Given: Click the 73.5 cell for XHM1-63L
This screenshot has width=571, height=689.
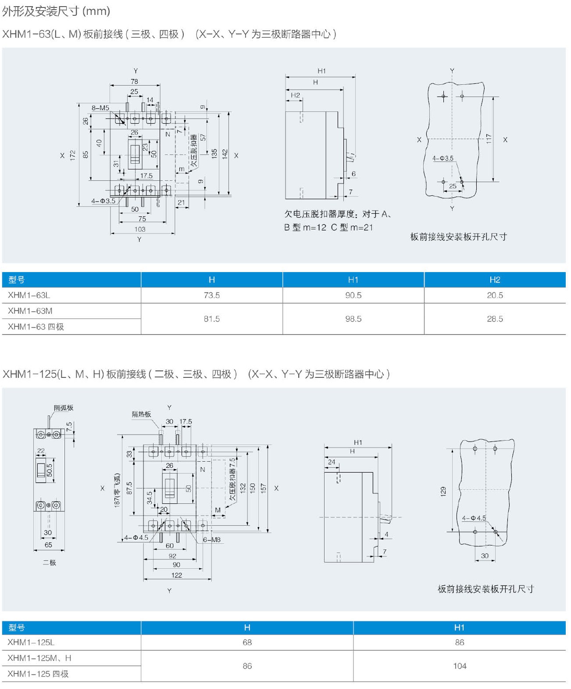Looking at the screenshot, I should pos(211,295).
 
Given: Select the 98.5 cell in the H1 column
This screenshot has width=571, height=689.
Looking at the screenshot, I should pos(353,319).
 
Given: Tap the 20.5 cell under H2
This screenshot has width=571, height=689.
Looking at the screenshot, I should pos(495,295).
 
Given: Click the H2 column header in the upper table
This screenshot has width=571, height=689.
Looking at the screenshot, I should pos(495,280).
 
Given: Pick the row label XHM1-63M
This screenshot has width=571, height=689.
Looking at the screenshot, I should pos(30,311).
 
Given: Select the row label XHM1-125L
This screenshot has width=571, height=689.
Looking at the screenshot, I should pos(31,642).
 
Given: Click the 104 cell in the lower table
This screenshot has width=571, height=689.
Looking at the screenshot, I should pos(460,666).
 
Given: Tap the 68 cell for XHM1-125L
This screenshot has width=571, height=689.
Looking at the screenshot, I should pos(247,642).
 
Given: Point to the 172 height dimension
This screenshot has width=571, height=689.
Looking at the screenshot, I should pos(73,155).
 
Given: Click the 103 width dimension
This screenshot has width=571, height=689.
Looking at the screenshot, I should pos(140,229).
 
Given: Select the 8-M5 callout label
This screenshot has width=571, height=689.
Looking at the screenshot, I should pos(100,108).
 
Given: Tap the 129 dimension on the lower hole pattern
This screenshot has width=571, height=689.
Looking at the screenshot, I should pos(443,491).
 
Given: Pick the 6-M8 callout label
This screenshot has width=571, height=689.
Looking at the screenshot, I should pos(212,540).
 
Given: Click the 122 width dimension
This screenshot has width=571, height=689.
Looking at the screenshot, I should pos(177,575).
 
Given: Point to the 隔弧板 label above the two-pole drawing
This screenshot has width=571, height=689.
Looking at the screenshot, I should pos(64,408).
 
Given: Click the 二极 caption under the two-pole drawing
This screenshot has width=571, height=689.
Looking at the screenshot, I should pos(49,563).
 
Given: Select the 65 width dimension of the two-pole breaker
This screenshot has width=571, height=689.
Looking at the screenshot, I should pos(48,545).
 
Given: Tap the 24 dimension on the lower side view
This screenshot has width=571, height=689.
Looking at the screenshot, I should pos(332,462).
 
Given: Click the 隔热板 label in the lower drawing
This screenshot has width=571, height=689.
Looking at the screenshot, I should pos(141,414).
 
